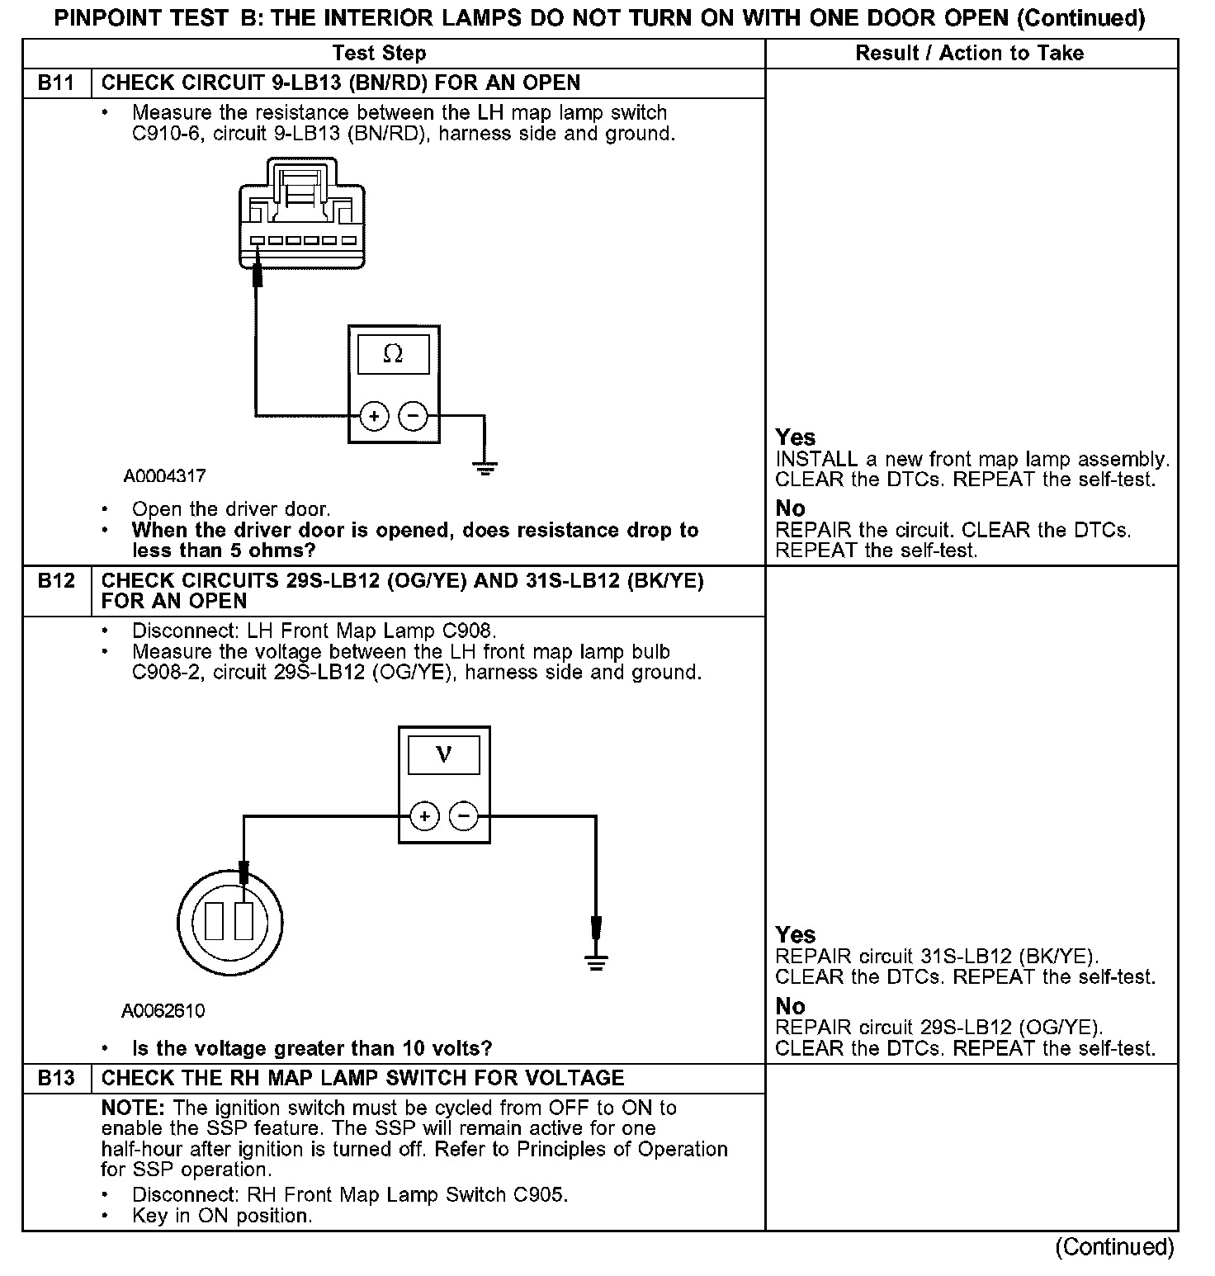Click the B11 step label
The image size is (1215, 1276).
(x=55, y=83)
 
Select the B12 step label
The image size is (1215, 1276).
(x=55, y=581)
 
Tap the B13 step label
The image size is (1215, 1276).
(x=55, y=1079)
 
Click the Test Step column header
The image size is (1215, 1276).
(x=379, y=54)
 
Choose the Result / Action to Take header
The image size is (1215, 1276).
(x=970, y=54)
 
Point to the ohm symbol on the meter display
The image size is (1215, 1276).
(x=394, y=355)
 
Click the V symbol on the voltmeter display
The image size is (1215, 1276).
(x=444, y=754)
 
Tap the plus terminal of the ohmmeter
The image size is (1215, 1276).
(x=374, y=416)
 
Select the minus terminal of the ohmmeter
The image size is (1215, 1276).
(x=414, y=416)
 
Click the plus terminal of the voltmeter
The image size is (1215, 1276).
(x=424, y=817)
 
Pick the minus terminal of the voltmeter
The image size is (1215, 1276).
(x=463, y=817)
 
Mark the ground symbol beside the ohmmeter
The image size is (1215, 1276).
(x=485, y=469)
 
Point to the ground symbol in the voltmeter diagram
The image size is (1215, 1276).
(x=596, y=960)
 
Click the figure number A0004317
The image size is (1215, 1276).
(x=165, y=476)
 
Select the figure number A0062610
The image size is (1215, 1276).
(x=163, y=1011)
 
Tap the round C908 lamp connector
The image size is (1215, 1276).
(x=229, y=920)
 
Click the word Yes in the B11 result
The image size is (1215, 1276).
(x=795, y=437)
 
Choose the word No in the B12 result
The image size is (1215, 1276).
(x=790, y=1006)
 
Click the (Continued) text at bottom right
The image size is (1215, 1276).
(x=1114, y=1246)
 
